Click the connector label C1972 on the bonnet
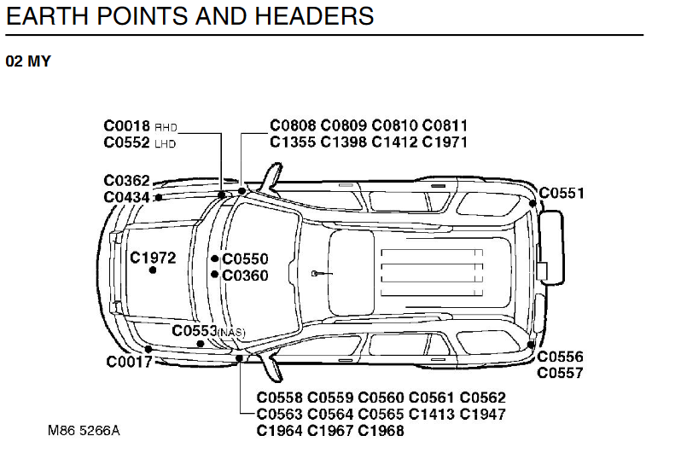click(x=153, y=258)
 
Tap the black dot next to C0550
click(x=214, y=258)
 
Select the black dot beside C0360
click(x=214, y=275)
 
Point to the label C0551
click(x=562, y=194)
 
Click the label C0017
click(x=130, y=362)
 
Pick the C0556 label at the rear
click(x=561, y=357)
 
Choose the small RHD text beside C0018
click(x=166, y=128)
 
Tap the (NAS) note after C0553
click(x=231, y=333)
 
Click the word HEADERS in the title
click(x=314, y=16)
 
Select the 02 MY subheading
click(x=28, y=61)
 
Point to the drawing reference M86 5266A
click(x=84, y=431)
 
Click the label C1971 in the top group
click(x=445, y=142)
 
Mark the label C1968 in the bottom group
click(x=381, y=431)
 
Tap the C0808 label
click(x=293, y=125)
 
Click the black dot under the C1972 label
click(x=153, y=270)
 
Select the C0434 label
click(x=127, y=197)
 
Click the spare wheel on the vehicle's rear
click(x=550, y=247)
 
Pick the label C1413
click(x=432, y=414)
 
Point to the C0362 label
click(x=127, y=181)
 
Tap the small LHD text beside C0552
click(x=166, y=144)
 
